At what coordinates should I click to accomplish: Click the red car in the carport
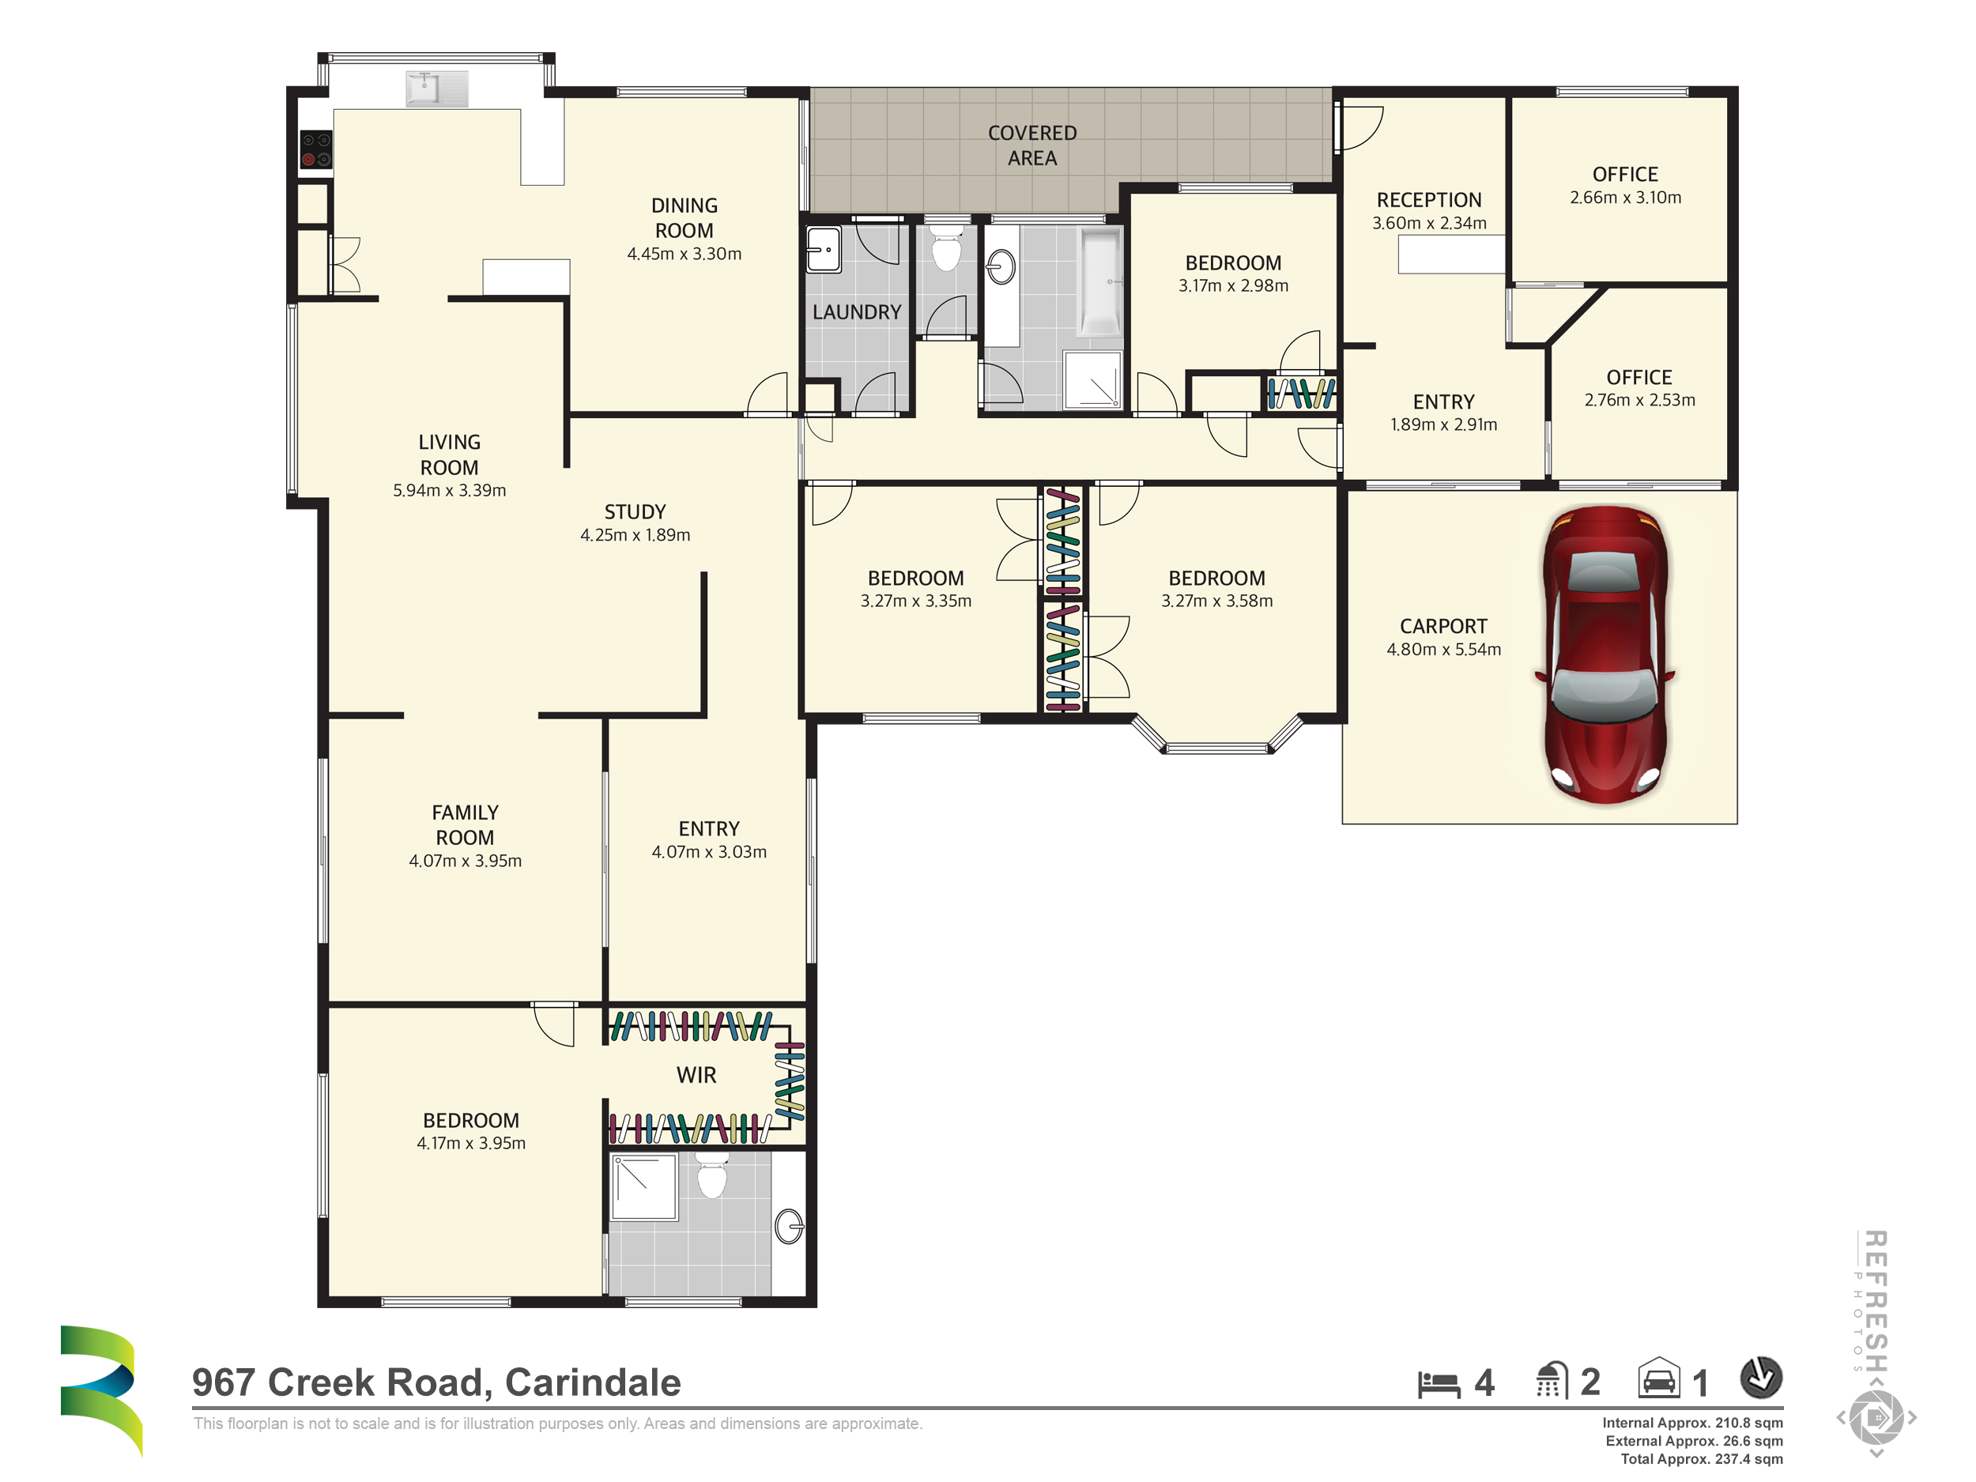[1605, 654]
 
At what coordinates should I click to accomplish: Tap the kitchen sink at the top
[437, 89]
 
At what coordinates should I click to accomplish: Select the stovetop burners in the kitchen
[315, 149]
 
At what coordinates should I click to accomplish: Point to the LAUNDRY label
[857, 311]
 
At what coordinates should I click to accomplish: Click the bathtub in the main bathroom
[1099, 282]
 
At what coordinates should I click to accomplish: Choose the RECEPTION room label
[1428, 200]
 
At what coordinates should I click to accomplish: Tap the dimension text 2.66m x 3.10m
[1625, 198]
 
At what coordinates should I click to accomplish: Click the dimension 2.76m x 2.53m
[1639, 400]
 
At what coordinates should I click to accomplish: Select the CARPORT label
[1442, 626]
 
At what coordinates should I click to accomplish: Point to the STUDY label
[635, 512]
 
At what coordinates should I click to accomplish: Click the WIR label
[696, 1075]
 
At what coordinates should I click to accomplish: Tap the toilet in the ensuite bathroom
[712, 1175]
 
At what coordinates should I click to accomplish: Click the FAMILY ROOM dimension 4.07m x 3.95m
[465, 860]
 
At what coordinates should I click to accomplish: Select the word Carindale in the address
[592, 1382]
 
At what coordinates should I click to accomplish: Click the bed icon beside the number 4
[1439, 1384]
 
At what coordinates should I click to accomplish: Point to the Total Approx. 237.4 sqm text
[1701, 1459]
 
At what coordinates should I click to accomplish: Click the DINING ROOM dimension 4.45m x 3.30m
[684, 254]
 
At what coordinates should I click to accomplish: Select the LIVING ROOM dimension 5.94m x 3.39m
[449, 490]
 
